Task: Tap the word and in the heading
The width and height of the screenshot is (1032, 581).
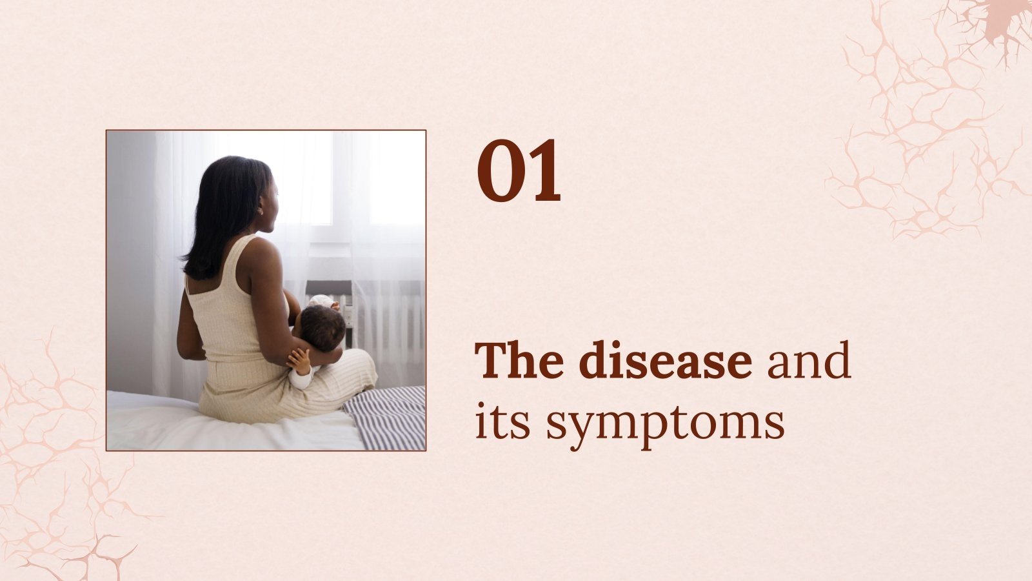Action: point(808,362)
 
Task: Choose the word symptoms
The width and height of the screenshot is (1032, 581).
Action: point(665,426)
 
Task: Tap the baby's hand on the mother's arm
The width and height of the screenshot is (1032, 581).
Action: point(299,359)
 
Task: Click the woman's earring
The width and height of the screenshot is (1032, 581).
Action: point(261,210)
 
